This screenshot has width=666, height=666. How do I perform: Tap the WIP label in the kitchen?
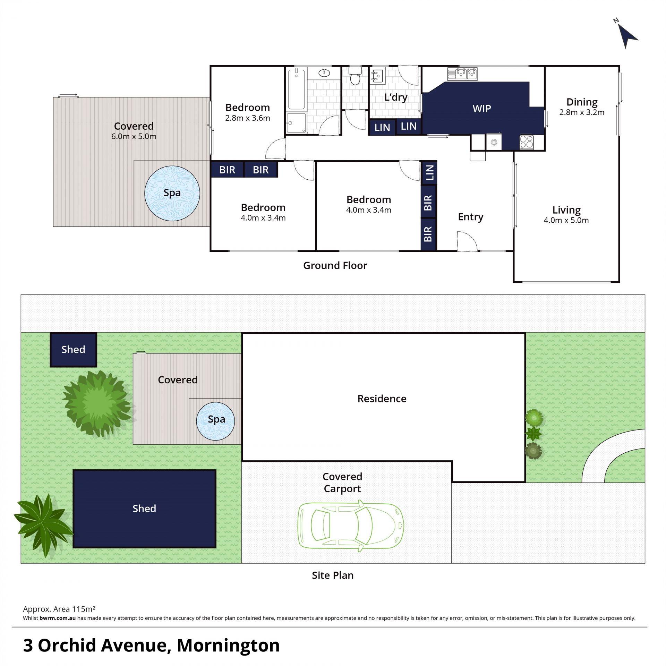pyautogui.click(x=481, y=109)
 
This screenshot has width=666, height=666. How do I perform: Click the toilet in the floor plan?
pyautogui.click(x=355, y=76)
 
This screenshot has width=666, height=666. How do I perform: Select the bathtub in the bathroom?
pyautogui.click(x=296, y=89)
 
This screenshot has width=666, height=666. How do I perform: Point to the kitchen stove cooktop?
pyautogui.click(x=527, y=142)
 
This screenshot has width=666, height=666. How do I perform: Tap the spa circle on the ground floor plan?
pyautogui.click(x=172, y=193)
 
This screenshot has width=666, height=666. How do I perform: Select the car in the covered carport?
pyautogui.click(x=351, y=526)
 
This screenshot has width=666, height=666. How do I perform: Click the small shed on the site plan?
pyautogui.click(x=73, y=350)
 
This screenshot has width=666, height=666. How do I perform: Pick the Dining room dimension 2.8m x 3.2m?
pyautogui.click(x=582, y=112)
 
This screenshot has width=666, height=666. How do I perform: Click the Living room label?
pyautogui.click(x=566, y=210)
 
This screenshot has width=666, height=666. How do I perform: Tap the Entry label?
pyautogui.click(x=470, y=217)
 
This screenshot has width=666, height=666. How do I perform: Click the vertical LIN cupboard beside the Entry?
pyautogui.click(x=429, y=172)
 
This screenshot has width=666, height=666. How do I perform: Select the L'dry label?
pyautogui.click(x=396, y=97)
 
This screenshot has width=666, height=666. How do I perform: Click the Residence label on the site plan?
pyautogui.click(x=382, y=399)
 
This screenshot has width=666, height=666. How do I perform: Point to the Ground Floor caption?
pyautogui.click(x=335, y=265)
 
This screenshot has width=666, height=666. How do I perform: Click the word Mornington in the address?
pyautogui.click(x=228, y=646)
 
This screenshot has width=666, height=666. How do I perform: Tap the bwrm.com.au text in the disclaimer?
pyautogui.click(x=58, y=618)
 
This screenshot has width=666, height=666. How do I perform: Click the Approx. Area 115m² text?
pyautogui.click(x=59, y=609)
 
